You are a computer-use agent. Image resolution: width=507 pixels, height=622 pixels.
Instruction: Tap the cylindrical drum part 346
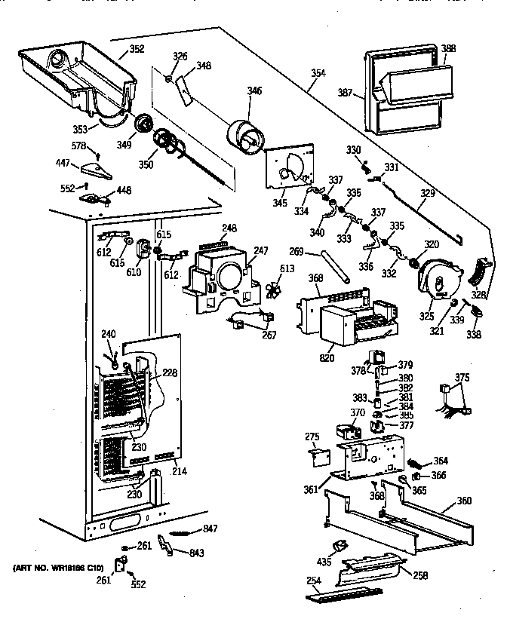pos(247,139)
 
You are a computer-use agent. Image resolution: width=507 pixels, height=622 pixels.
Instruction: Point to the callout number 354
pos(318,73)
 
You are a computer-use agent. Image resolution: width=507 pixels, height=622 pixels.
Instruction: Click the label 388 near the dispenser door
pos(448,49)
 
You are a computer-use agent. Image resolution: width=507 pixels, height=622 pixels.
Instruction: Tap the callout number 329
pos(428,195)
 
